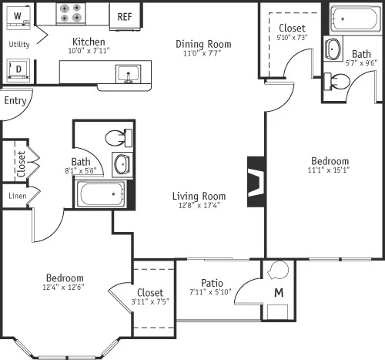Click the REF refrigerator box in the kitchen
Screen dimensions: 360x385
click(124, 15)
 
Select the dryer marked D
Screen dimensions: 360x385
click(18, 69)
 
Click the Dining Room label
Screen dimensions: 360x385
click(200, 44)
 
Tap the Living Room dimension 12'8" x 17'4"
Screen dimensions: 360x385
click(199, 205)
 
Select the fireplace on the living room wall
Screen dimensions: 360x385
click(256, 182)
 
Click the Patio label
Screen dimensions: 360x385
click(213, 282)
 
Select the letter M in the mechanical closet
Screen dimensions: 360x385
click(279, 294)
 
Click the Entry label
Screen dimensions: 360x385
click(15, 100)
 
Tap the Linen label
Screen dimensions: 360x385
click(17, 196)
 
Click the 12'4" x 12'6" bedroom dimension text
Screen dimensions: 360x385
click(65, 288)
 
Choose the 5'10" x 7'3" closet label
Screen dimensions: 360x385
click(292, 38)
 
